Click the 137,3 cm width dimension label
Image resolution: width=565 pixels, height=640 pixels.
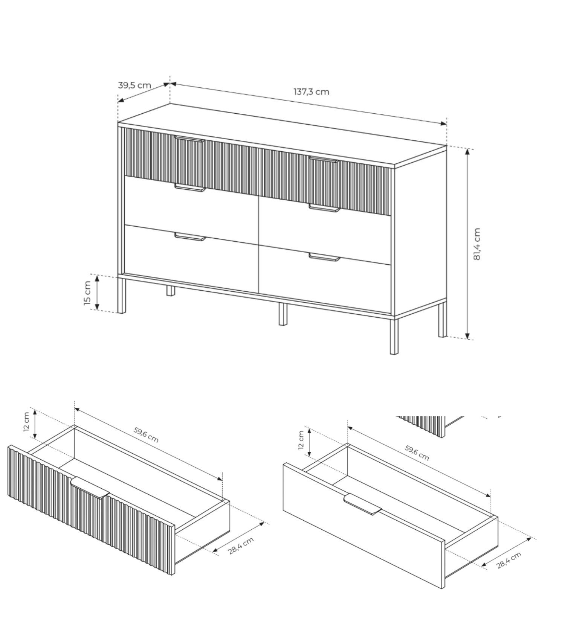click(x=311, y=91)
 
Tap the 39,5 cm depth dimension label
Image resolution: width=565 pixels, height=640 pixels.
click(x=134, y=85)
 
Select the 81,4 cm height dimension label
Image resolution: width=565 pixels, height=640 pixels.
click(x=477, y=244)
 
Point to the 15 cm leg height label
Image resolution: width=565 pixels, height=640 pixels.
click(x=87, y=293)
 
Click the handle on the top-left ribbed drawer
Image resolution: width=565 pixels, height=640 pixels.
click(x=189, y=139)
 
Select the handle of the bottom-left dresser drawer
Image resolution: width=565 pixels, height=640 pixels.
click(x=190, y=236)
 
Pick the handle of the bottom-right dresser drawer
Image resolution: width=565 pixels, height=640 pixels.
click(x=324, y=257)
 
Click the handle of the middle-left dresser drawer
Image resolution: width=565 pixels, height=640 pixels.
click(x=190, y=187)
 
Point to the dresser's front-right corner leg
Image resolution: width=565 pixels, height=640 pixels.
click(x=394, y=336)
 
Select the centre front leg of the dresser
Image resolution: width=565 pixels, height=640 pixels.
click(x=282, y=314)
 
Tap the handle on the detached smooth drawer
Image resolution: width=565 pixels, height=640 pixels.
click(x=362, y=504)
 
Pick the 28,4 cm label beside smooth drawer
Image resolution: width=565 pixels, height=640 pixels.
click(x=508, y=560)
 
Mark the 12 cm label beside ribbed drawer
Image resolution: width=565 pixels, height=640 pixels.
click(x=26, y=422)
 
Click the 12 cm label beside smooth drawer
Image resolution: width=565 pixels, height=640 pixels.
click(x=301, y=440)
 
